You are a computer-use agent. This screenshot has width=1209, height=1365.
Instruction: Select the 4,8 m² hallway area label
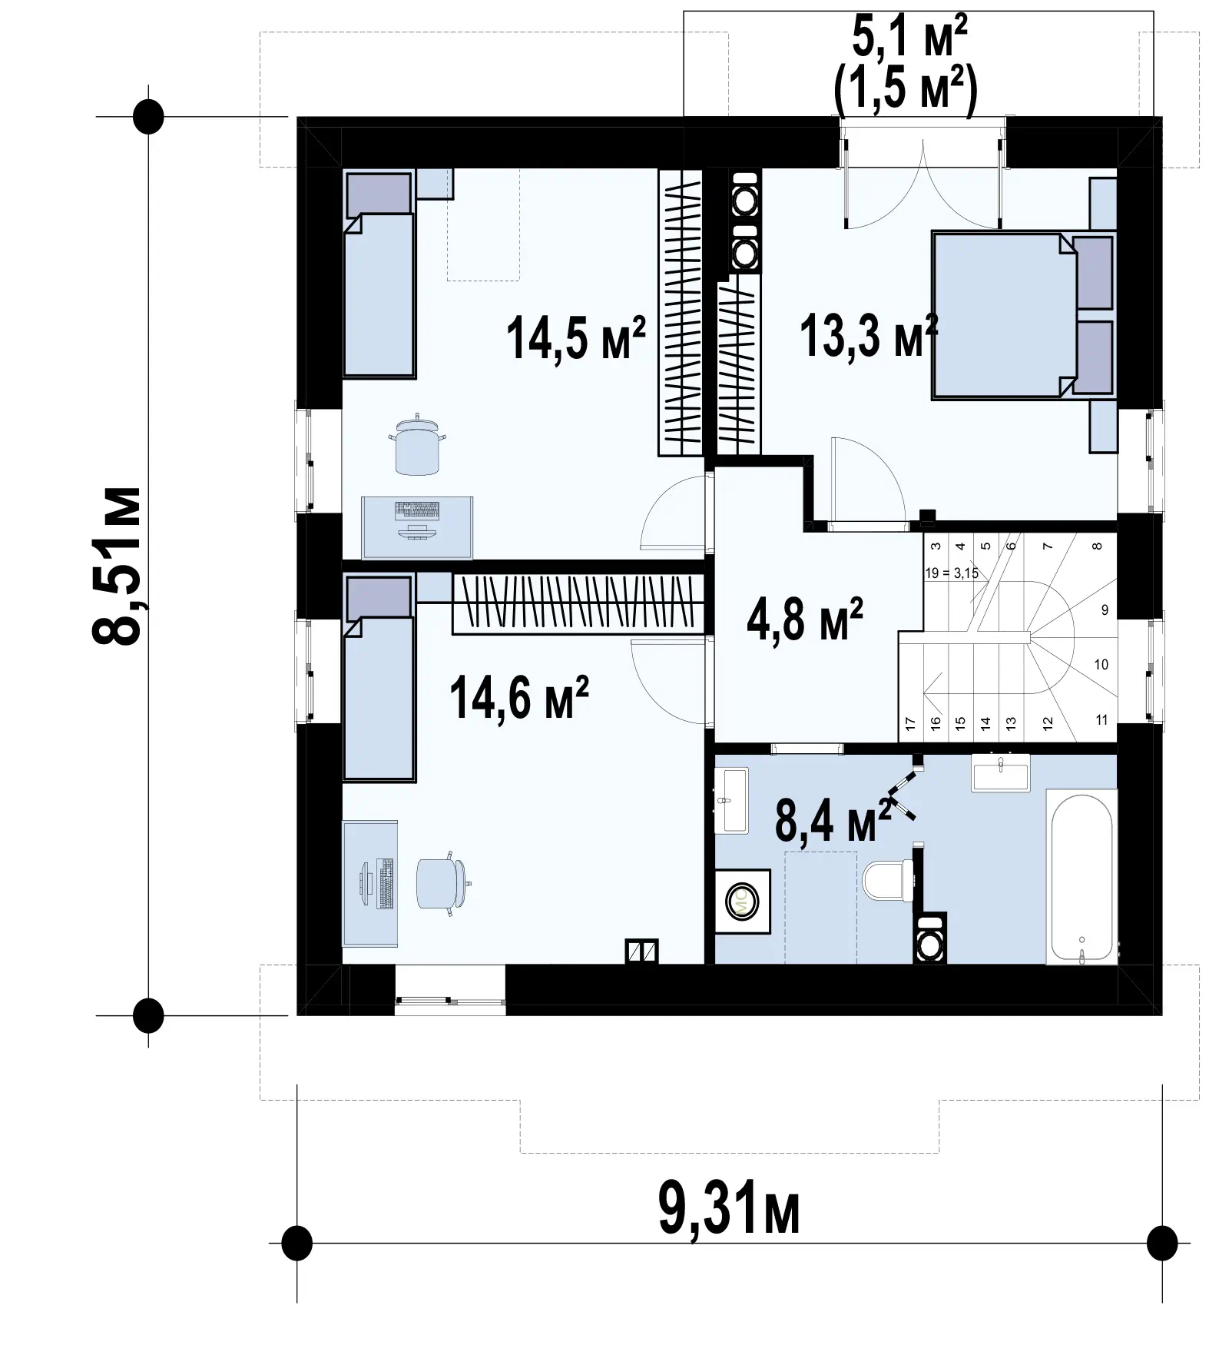point(804,619)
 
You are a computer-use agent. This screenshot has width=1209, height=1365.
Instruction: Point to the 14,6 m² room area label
point(519,697)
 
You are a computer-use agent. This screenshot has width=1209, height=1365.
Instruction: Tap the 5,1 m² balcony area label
point(909,39)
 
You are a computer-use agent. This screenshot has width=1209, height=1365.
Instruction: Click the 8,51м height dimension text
point(116,566)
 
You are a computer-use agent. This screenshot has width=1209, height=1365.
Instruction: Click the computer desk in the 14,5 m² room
point(417,527)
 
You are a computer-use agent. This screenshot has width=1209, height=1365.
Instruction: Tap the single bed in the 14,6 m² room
point(379,676)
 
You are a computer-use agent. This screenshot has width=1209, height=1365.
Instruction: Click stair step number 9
point(1105,610)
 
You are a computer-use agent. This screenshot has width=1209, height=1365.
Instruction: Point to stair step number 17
point(910,723)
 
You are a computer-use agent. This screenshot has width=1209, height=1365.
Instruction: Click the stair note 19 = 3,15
point(952,573)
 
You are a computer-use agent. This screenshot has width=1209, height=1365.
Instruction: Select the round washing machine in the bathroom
point(743,901)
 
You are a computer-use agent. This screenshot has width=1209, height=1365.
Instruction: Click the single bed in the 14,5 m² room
point(379,274)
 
